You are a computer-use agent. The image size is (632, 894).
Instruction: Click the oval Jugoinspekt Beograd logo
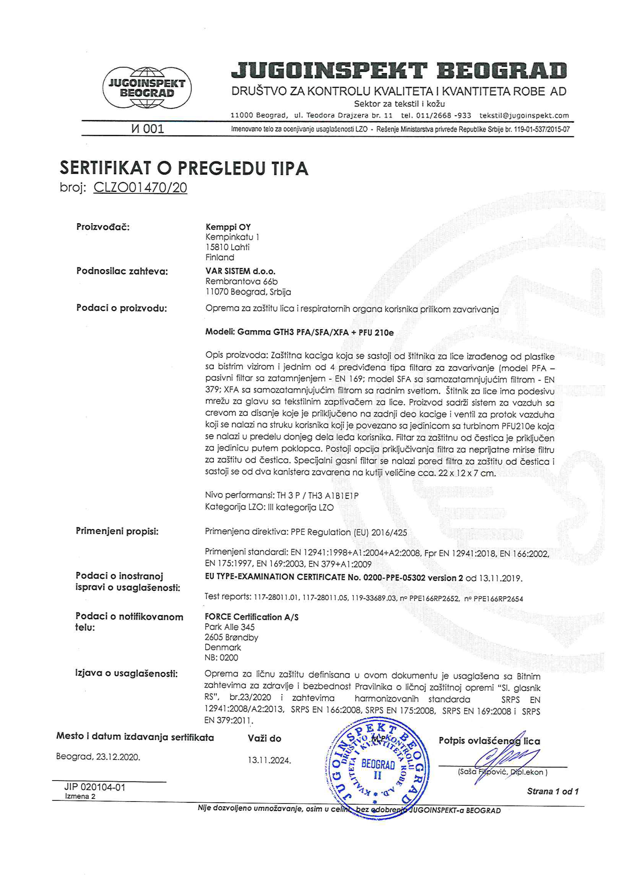click(147, 88)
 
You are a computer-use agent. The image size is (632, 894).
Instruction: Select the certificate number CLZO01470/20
click(140, 188)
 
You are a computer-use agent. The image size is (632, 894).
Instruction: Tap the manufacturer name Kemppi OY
click(228, 227)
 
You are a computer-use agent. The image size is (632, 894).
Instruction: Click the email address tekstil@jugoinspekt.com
click(524, 116)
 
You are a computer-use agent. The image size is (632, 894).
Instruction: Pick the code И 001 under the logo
click(148, 129)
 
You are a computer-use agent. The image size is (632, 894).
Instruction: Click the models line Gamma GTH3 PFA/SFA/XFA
click(299, 333)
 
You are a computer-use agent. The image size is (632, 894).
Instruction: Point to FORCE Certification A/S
click(252, 617)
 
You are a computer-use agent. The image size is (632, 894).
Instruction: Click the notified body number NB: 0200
click(221, 658)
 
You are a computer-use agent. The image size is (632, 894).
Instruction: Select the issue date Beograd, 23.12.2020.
click(98, 757)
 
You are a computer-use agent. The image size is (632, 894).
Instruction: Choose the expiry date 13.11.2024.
click(269, 760)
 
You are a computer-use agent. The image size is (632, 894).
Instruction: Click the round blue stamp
click(377, 770)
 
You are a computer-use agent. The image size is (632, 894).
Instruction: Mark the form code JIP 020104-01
click(95, 787)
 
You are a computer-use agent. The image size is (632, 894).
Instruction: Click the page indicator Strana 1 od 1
click(553, 791)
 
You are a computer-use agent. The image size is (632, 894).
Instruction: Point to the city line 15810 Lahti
click(227, 247)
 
